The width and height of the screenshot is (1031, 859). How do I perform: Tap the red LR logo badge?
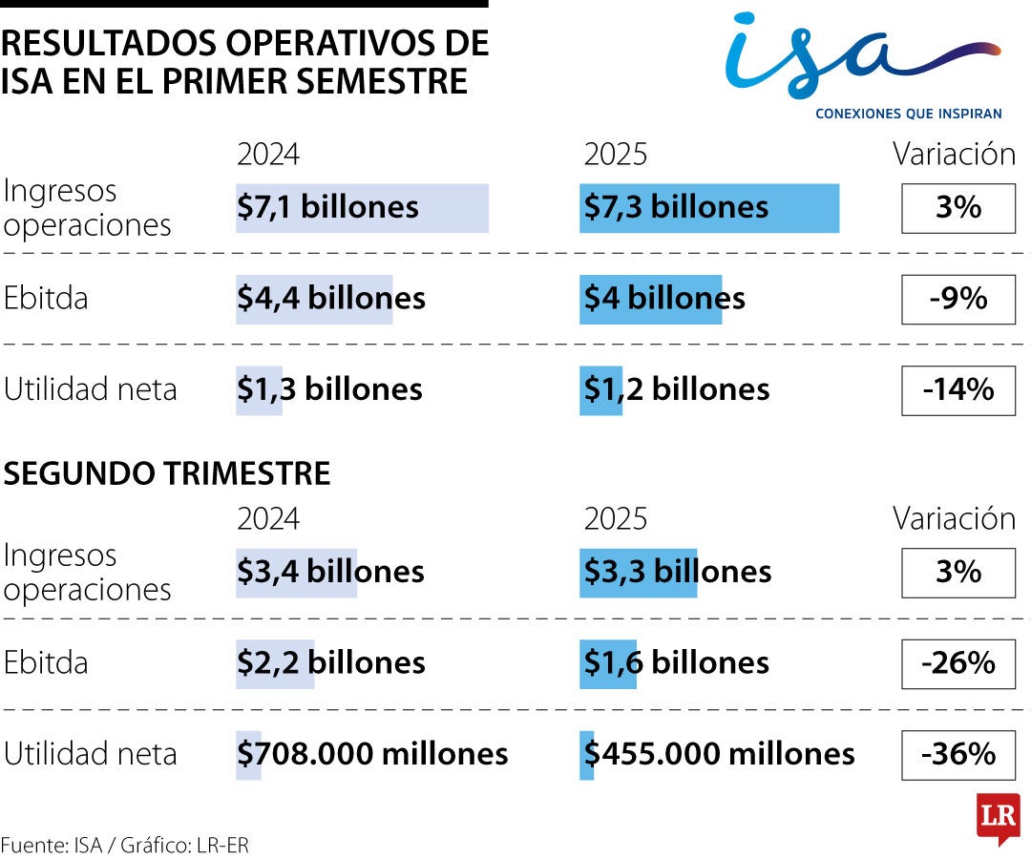click(998, 817)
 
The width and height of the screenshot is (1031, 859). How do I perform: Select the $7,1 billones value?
click(327, 207)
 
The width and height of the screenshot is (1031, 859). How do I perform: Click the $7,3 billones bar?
click(708, 207)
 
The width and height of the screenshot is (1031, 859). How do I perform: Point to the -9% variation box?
click(957, 299)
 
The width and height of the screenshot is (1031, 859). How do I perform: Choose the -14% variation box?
click(957, 389)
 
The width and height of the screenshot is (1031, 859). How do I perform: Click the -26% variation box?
click(957, 663)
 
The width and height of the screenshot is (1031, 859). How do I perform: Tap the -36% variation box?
click(957, 754)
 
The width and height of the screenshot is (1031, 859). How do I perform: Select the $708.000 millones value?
click(372, 754)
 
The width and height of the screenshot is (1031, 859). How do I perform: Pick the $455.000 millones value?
click(719, 754)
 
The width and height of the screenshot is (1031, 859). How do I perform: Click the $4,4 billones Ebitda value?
click(330, 299)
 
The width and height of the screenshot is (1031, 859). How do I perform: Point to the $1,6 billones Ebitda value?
click(676, 663)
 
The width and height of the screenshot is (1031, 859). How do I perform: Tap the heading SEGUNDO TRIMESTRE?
click(168, 473)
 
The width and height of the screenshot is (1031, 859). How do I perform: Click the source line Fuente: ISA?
click(125, 845)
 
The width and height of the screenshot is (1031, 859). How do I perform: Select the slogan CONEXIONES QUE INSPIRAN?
click(908, 114)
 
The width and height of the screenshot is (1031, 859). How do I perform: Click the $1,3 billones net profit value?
click(329, 389)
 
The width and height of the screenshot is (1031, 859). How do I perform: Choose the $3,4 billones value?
click(330, 572)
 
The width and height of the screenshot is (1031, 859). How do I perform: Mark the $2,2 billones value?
click(330, 663)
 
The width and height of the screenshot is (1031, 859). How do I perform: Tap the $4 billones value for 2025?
click(663, 299)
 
